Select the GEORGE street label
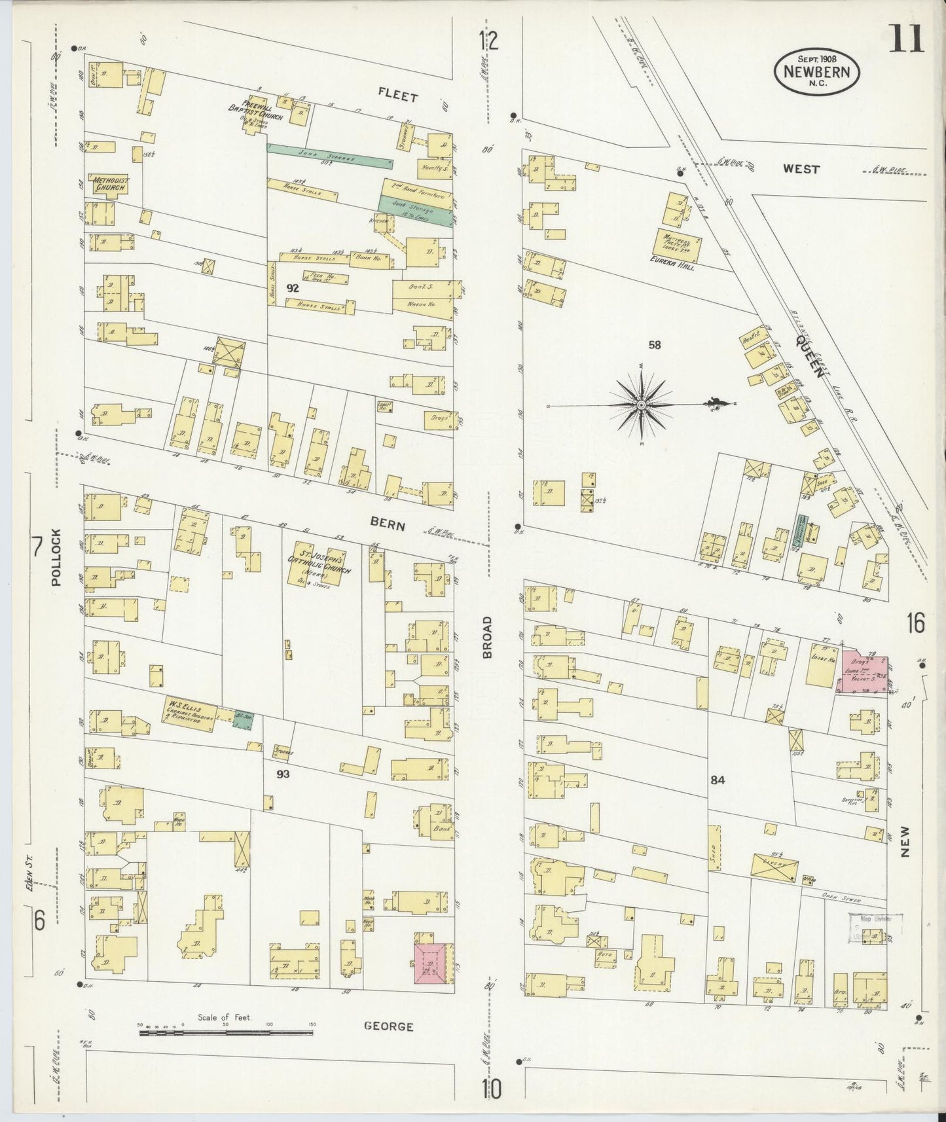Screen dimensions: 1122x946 click(390, 1027)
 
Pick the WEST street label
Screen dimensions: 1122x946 click(801, 169)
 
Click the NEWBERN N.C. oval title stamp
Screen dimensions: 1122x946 click(817, 73)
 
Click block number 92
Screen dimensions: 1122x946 click(292, 287)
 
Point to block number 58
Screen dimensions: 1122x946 click(653, 344)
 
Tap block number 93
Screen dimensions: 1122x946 click(283, 774)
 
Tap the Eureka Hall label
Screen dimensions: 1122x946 click(678, 267)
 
